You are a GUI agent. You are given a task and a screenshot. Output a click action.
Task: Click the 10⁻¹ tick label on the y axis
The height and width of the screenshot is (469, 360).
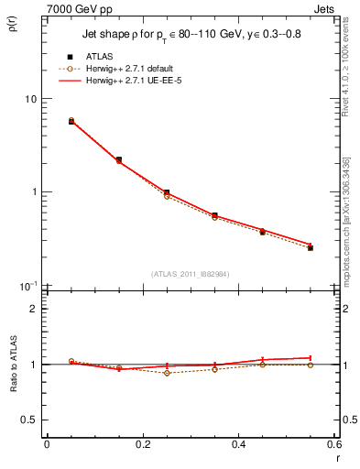pos(27,286)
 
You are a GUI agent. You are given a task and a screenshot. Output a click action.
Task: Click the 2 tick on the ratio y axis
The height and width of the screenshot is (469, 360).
pos(32,309)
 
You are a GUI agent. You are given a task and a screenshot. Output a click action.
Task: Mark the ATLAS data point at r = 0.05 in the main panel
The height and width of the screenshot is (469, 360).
pos(71,121)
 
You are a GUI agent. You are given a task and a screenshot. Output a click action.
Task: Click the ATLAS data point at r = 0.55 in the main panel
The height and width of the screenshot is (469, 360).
pos(311,247)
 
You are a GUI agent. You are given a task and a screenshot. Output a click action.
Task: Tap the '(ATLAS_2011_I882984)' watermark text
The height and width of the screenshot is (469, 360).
pos(190,274)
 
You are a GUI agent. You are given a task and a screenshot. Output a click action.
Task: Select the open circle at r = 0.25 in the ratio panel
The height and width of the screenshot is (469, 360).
pos(167,373)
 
